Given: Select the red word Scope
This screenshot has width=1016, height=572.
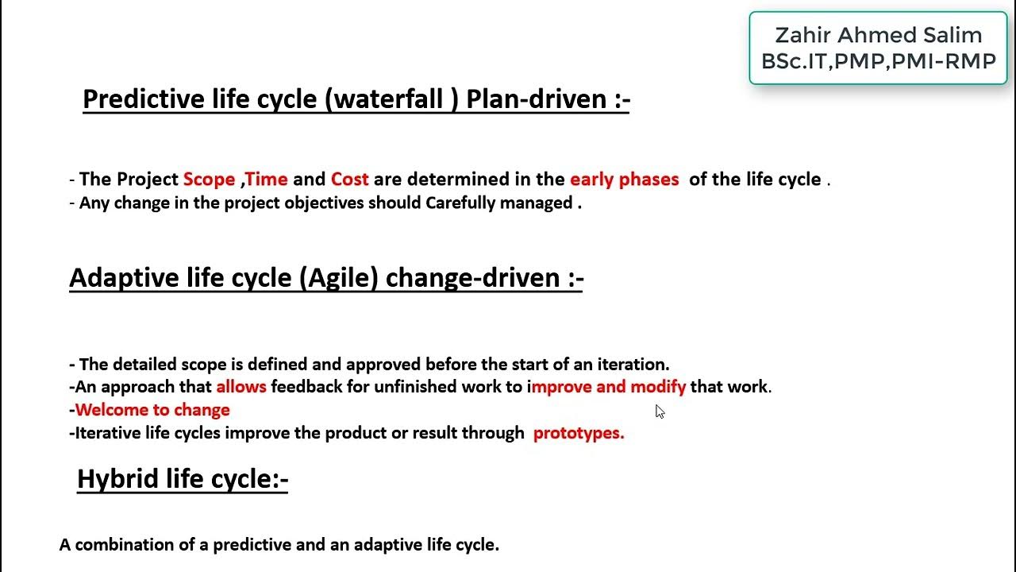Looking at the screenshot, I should [x=209, y=180].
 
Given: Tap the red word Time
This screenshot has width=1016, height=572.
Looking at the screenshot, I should [x=267, y=180].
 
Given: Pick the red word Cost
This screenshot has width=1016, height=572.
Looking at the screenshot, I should [x=349, y=180].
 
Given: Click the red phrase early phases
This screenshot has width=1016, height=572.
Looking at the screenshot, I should [x=624, y=180].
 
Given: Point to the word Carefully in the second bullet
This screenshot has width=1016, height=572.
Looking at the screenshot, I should [x=461, y=203].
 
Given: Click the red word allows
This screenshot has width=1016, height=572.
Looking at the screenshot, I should [x=241, y=387].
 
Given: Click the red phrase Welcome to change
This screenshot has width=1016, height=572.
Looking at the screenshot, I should [x=152, y=410].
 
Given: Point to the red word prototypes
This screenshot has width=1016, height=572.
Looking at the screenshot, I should [x=579, y=433].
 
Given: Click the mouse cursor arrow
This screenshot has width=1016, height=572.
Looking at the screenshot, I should [x=660, y=411].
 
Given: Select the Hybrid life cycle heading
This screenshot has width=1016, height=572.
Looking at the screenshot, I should [x=182, y=479].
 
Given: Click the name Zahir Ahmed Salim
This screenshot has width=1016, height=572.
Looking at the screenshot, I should [x=878, y=35].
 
